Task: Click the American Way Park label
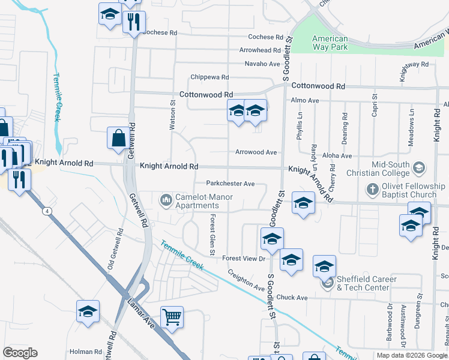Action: click(x=330, y=42)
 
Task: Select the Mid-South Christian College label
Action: click(x=390, y=169)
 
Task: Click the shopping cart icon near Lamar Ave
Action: click(x=172, y=316)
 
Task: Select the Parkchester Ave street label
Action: click(x=231, y=184)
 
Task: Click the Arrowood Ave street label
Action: click(x=256, y=152)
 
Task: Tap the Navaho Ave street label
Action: click(x=262, y=64)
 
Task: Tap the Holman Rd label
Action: click(x=86, y=352)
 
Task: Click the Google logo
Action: click(x=20, y=353)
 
